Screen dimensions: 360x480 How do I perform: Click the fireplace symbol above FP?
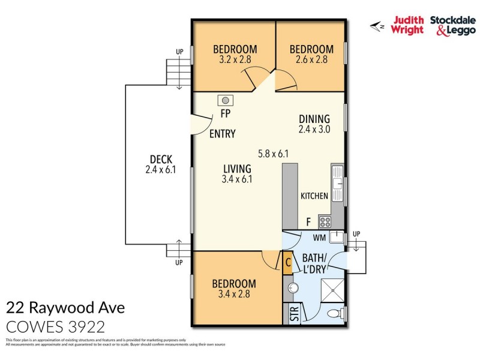pos(227,100)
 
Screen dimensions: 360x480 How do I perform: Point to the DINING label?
pos(314,119)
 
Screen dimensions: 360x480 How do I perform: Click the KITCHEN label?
pos(314,196)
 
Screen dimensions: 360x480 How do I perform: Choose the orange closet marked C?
pos(288,262)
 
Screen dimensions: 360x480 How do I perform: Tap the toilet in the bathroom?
pos(337,313)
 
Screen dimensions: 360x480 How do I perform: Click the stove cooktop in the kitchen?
pos(326,221)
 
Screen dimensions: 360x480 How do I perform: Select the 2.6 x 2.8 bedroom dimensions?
pos(311,60)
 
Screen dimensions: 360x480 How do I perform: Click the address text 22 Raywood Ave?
pos(65,308)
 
